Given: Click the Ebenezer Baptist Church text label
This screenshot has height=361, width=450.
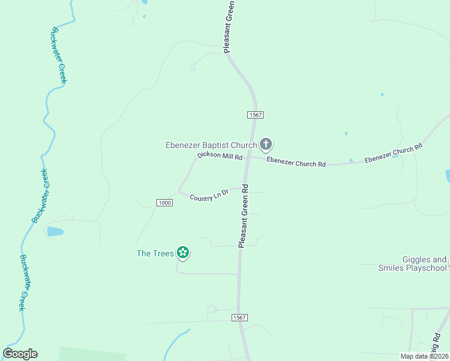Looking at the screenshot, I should pyautogui.click(x=211, y=145).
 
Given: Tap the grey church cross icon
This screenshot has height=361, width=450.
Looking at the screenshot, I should pyautogui.click(x=266, y=144).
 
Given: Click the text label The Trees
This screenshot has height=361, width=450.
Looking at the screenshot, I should pyautogui.click(x=155, y=253).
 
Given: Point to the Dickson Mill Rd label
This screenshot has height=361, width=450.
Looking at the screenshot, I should pyautogui.click(x=220, y=156).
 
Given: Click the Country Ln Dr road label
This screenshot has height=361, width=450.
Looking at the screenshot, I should pyautogui.click(x=209, y=195).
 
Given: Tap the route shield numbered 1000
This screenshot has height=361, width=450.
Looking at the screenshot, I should pyautogui.click(x=164, y=203).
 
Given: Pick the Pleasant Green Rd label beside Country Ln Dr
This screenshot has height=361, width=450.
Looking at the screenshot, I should pyautogui.click(x=244, y=215).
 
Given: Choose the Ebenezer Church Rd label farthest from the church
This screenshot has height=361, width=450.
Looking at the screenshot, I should pyautogui.click(x=393, y=153).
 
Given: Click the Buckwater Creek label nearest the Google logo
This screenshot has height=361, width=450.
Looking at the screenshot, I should pyautogui.click(x=23, y=282).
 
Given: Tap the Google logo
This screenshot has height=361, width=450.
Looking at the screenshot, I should pyautogui.click(x=20, y=354).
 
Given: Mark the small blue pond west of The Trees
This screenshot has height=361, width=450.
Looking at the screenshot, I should pyautogui.click(x=55, y=231).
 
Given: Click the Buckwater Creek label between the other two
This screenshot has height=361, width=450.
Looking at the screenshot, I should pyautogui.click(x=40, y=196).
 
